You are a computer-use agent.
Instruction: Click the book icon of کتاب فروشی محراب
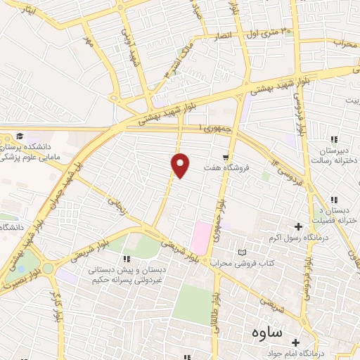(x=243, y=252)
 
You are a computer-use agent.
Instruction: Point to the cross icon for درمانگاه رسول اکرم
(x=298, y=226)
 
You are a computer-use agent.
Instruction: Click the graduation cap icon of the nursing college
(x=21, y=135)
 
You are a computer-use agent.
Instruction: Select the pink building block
(x=200, y=238)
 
